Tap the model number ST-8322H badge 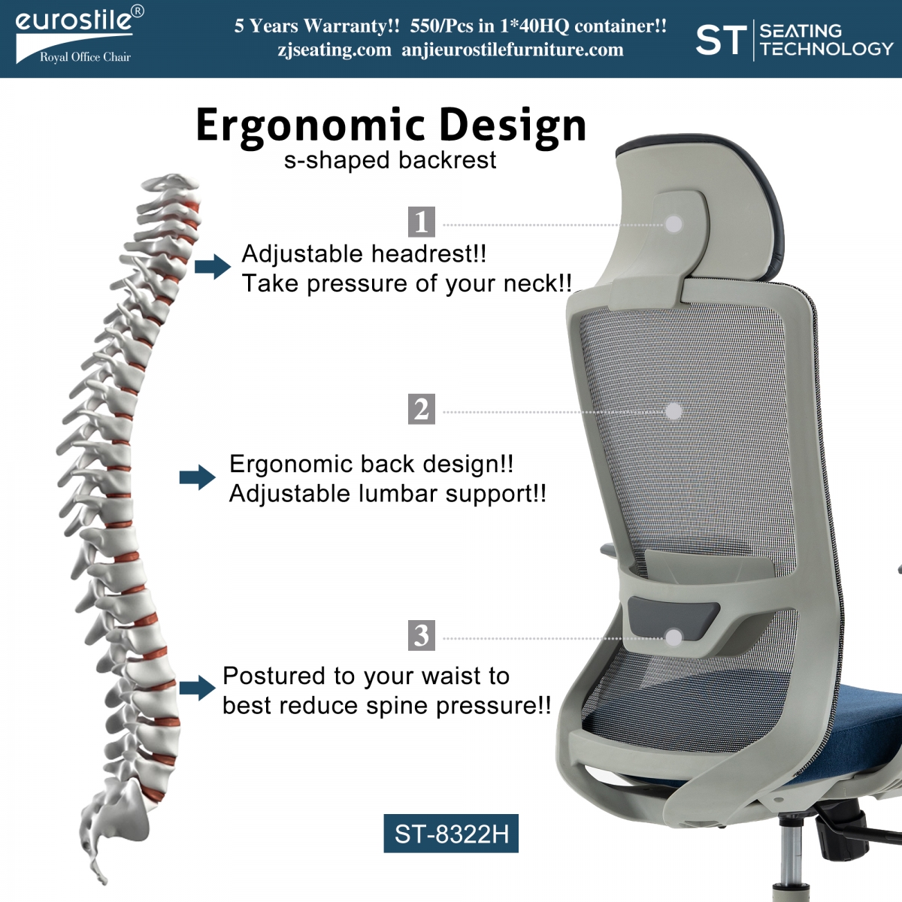[451, 833]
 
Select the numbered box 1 [421, 222]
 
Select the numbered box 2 [421, 409]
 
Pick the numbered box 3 [421, 635]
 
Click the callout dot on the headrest [673, 224]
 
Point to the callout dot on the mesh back [673, 411]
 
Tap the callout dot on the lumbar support [673, 637]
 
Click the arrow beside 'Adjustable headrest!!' [213, 267]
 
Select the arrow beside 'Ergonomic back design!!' [198, 477]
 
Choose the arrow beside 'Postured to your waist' [198, 688]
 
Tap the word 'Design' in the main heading [513, 126]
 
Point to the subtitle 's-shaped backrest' [390, 161]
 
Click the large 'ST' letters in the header [722, 40]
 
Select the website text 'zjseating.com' [334, 50]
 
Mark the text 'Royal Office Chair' [85, 57]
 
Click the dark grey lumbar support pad [673, 616]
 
